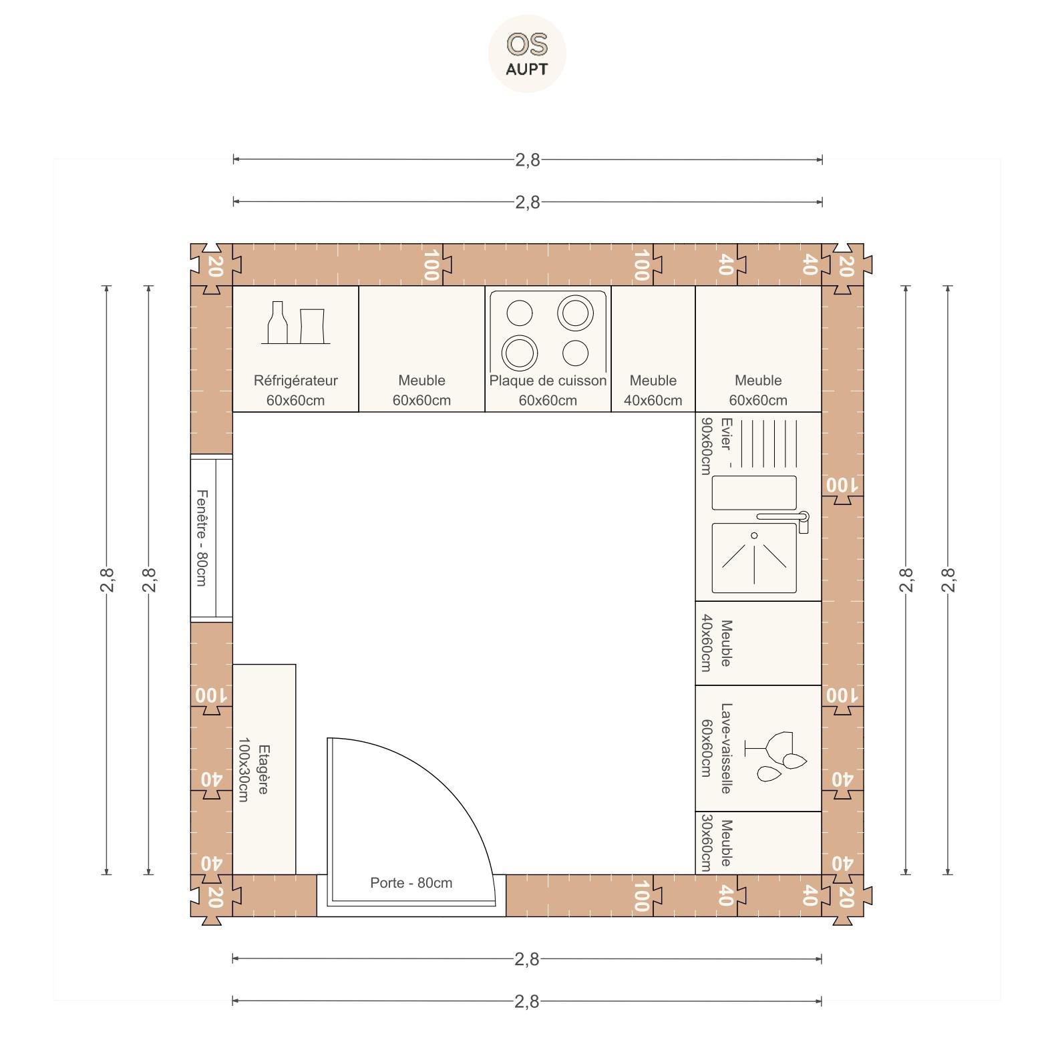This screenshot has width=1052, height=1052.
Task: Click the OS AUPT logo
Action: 527,53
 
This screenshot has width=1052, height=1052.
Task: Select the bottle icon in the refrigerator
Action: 276,322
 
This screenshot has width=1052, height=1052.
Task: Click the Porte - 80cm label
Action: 411,882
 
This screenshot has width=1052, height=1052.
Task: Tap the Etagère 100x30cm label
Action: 253,769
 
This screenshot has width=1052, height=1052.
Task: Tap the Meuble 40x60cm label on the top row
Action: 653,390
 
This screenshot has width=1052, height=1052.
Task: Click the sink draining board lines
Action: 769,444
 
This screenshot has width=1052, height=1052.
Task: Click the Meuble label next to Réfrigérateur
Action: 421,390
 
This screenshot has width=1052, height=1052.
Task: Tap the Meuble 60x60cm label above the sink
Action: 758,390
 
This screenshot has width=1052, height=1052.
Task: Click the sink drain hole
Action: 754,536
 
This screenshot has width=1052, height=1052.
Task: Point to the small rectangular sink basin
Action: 754,493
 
